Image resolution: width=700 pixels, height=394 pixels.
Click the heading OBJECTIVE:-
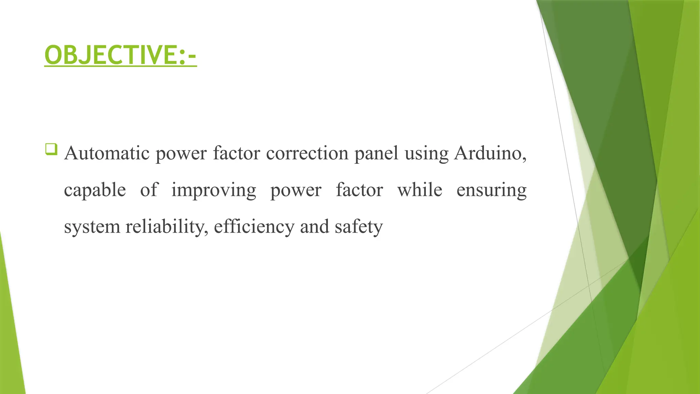click(x=120, y=55)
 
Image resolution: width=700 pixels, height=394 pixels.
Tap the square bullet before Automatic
click(x=51, y=149)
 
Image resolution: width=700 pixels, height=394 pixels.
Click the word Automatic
click(x=107, y=153)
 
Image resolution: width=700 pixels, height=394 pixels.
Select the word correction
click(x=307, y=153)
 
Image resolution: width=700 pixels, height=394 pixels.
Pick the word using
click(x=426, y=154)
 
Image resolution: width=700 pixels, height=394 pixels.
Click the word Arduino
click(x=490, y=153)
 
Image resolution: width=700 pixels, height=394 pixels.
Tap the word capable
click(x=95, y=190)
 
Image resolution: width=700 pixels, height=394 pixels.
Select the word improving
click(x=213, y=190)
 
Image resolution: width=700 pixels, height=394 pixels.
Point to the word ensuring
click(x=491, y=190)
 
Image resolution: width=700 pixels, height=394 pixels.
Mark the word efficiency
click(x=254, y=226)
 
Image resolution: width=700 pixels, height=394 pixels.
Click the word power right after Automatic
click(x=181, y=154)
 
